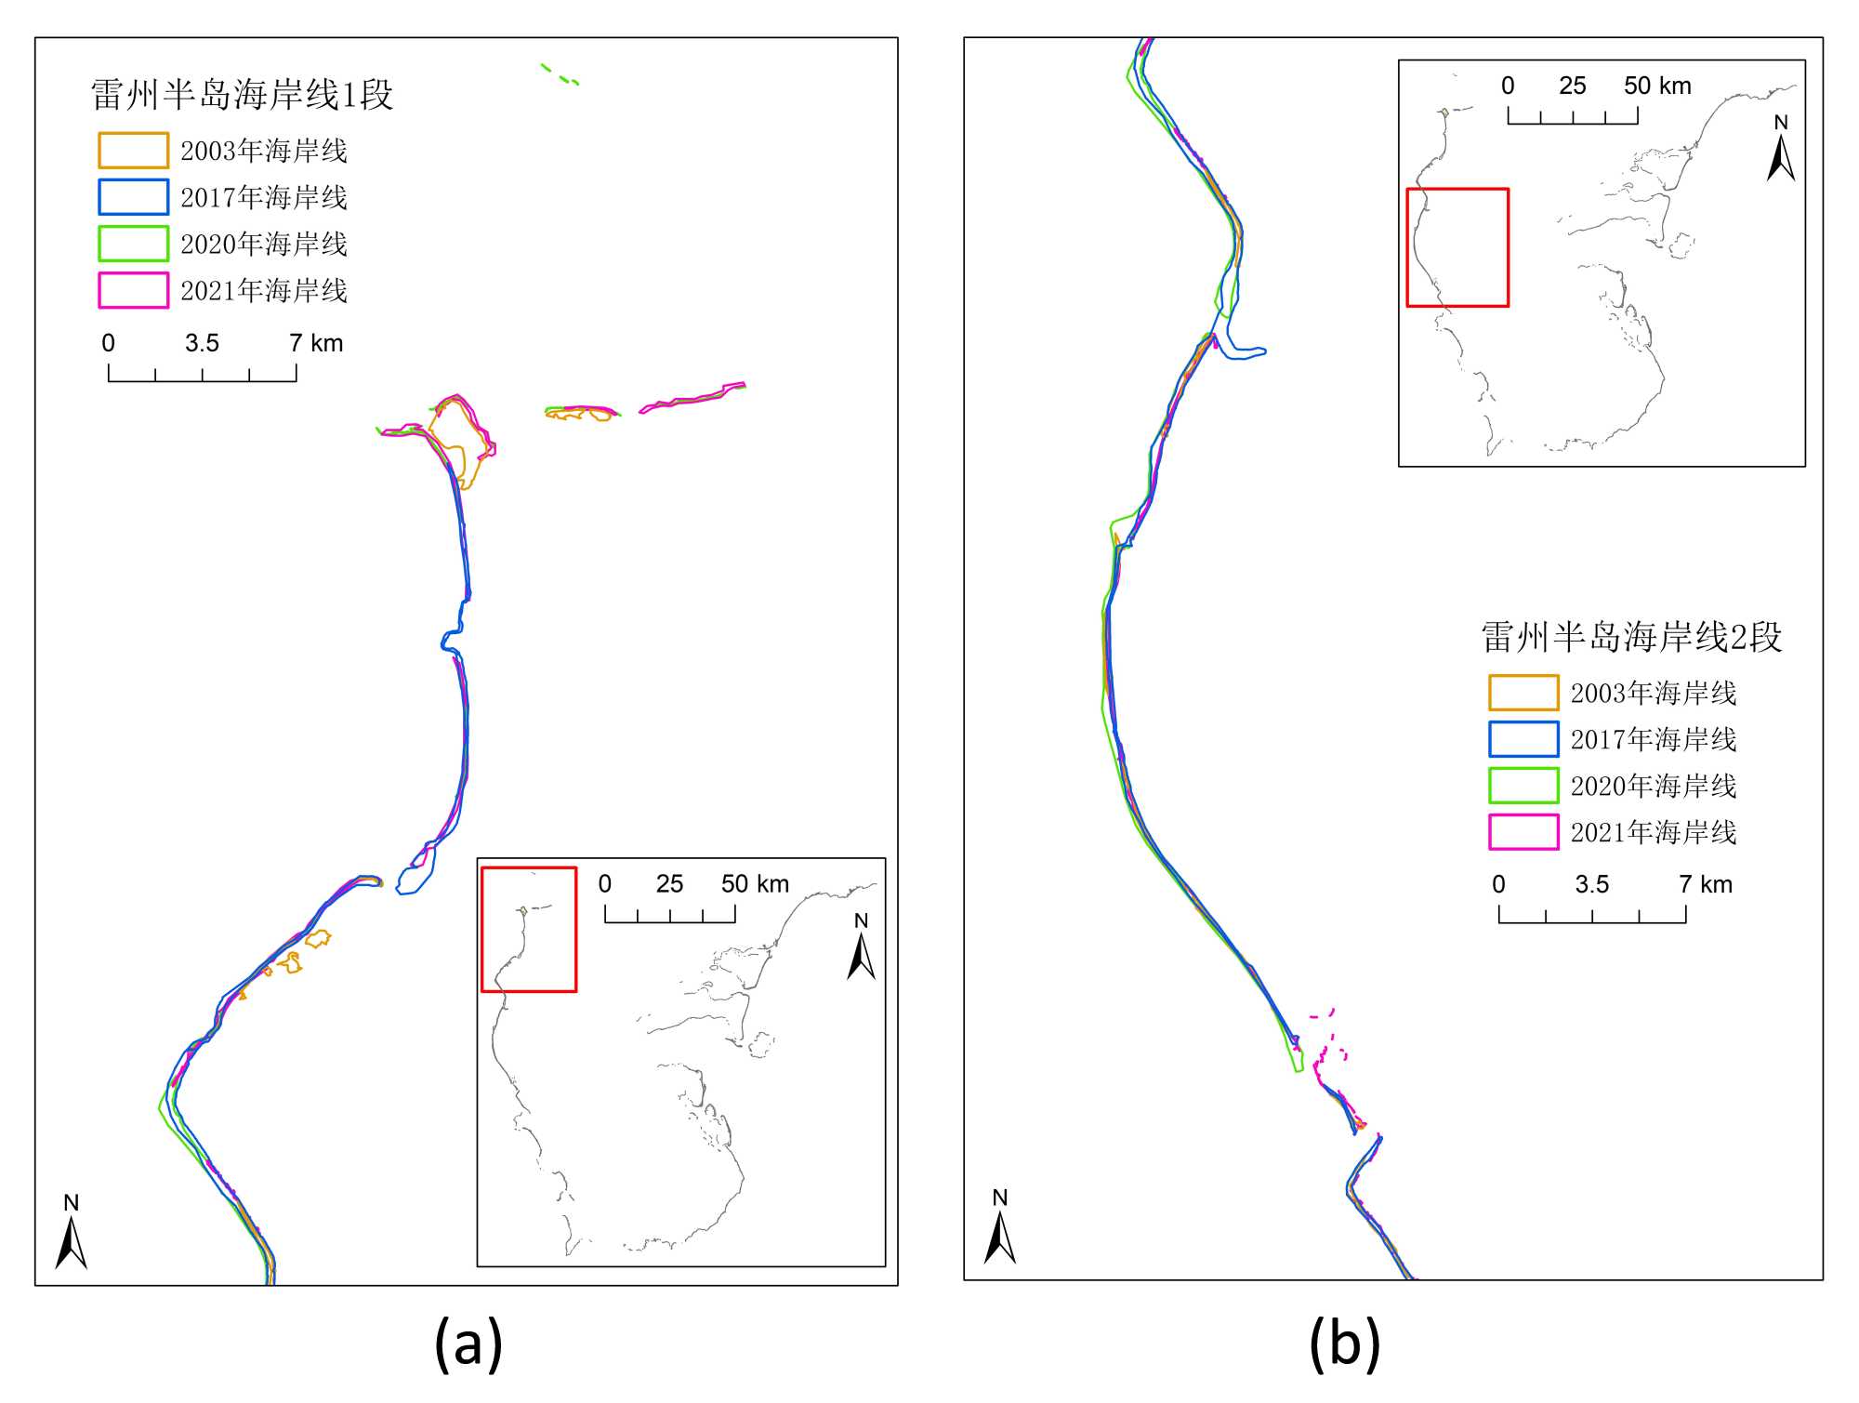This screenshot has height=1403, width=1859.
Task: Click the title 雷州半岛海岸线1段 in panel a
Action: coord(242,95)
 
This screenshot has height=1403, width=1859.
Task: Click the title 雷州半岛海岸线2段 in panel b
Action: coord(1631,637)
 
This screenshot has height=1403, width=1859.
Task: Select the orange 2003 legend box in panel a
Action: coord(133,150)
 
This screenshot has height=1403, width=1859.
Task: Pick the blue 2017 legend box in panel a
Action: coord(133,197)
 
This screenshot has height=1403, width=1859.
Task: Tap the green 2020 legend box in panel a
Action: coord(133,244)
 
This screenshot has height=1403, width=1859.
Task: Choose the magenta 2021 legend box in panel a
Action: coord(133,290)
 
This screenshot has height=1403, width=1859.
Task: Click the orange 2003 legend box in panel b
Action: coord(1523,693)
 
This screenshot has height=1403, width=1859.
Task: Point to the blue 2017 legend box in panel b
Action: coord(1523,739)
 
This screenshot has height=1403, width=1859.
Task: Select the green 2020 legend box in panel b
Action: coord(1523,786)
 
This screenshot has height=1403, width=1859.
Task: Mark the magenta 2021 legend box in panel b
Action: coord(1523,832)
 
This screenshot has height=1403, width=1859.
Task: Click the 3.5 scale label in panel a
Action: coord(202,343)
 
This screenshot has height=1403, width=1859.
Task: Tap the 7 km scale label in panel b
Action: coord(1705,884)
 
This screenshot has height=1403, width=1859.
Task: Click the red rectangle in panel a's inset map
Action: coord(529,930)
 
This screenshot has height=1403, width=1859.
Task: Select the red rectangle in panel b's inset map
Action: coord(1457,247)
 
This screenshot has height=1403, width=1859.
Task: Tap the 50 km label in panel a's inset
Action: coord(755,883)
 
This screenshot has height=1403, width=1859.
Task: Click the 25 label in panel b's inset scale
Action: coord(1572,86)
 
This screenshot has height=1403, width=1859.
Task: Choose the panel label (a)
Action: coord(468,1344)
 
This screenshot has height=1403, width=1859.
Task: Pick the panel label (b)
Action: coord(1344,1344)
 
